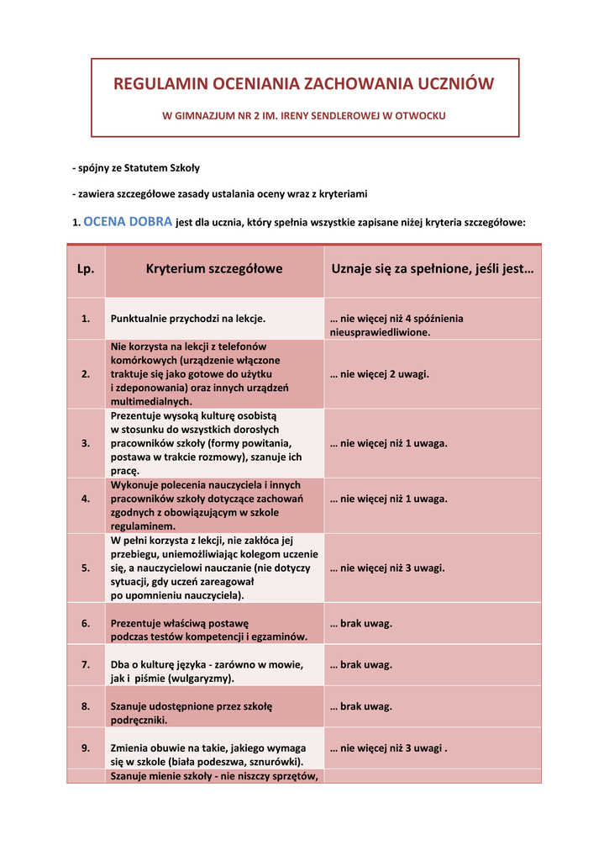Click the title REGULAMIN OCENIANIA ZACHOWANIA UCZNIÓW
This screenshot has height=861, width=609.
click(x=304, y=84)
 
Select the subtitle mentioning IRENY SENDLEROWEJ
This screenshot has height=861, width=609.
click(x=304, y=114)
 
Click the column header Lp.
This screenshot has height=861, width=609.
click(x=86, y=269)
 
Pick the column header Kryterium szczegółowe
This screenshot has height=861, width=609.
click(x=214, y=269)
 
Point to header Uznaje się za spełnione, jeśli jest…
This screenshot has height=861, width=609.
click(x=433, y=269)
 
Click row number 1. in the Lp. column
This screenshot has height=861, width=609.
click(x=86, y=319)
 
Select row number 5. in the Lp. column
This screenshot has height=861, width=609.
click(x=86, y=568)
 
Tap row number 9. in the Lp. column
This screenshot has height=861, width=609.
click(x=86, y=747)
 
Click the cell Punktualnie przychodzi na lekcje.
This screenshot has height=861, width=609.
click(x=188, y=319)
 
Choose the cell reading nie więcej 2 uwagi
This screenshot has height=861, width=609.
click(x=380, y=373)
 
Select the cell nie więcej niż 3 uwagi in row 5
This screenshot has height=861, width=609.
click(x=387, y=568)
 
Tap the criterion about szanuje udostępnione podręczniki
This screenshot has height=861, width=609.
click(x=192, y=713)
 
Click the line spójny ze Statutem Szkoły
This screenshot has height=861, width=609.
click(x=136, y=168)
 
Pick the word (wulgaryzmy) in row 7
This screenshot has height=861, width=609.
click(x=201, y=678)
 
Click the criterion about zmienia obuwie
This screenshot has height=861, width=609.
click(x=208, y=754)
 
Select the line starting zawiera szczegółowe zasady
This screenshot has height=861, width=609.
click(x=220, y=194)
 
